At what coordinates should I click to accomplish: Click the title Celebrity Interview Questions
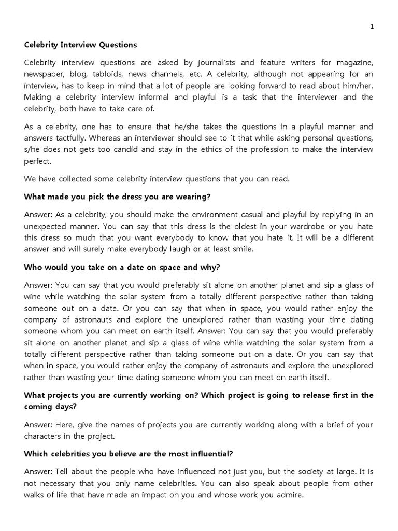click(x=80, y=45)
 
